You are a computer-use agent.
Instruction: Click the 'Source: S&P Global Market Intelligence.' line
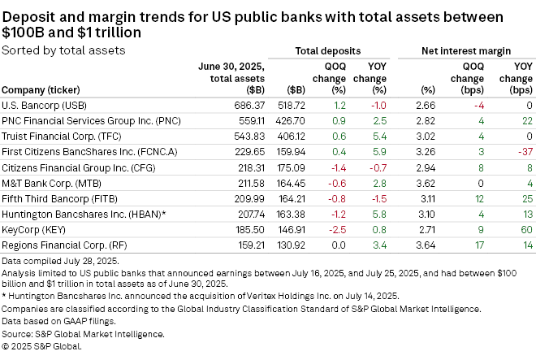(84, 334)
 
